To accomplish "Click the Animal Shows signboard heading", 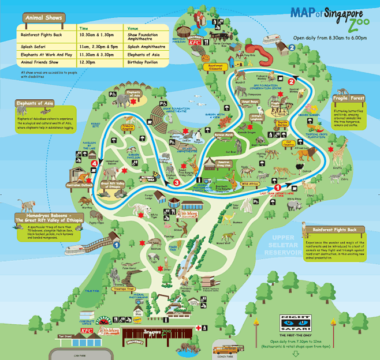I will [x=42, y=17].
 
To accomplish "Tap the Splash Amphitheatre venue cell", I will [x=141, y=44].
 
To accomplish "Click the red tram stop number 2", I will [x=291, y=82].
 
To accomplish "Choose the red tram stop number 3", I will [x=176, y=182].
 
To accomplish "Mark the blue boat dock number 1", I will [x=116, y=245].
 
